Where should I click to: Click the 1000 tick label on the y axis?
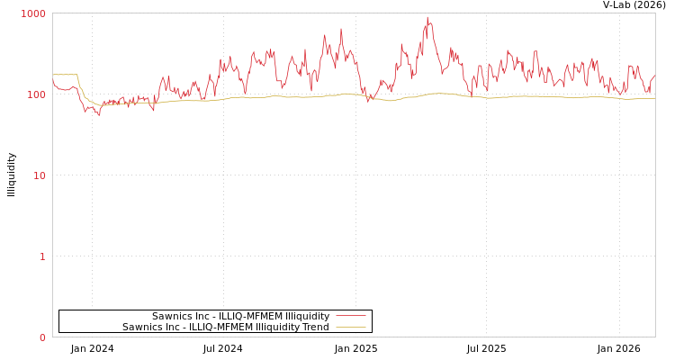click(33, 13)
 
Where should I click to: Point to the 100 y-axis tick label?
click(35, 94)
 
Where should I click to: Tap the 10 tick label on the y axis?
click(39, 175)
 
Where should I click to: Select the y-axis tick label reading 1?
click(41, 256)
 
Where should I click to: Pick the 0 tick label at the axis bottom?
click(41, 337)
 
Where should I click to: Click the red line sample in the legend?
click(350, 316)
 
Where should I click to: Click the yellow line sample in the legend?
click(350, 327)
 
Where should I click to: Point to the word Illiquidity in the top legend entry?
click(307, 316)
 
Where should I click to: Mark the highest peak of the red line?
click(427, 17)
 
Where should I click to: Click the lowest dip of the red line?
click(99, 115)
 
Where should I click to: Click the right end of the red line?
click(654, 76)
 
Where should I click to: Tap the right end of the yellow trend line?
click(654, 98)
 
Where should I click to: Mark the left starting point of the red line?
click(53, 81)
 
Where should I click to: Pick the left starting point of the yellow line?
click(53, 75)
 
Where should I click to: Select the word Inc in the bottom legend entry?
click(168, 327)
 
